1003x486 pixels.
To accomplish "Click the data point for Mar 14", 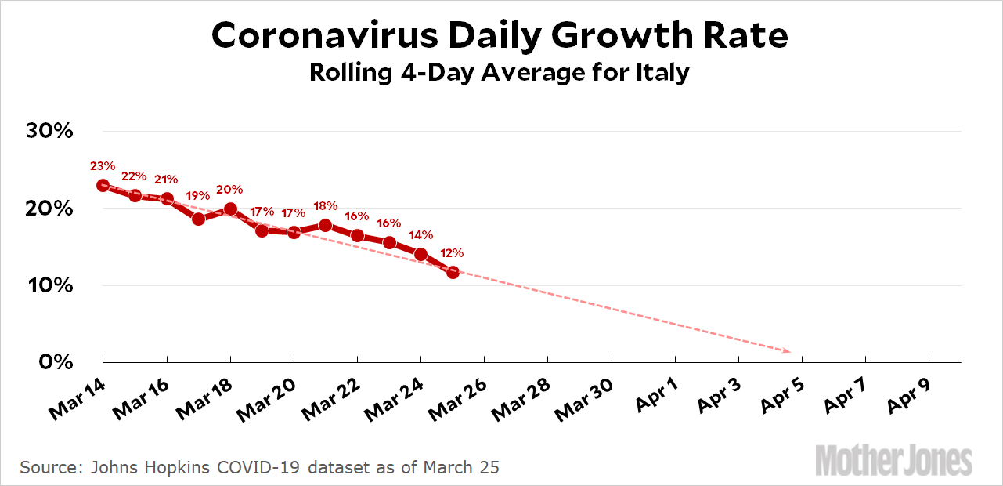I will [103, 186].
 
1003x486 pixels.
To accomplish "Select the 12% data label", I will [452, 253].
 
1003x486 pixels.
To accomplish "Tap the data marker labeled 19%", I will [198, 219].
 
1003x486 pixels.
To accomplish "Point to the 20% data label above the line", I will [229, 190].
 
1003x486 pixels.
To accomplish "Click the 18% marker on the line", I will [326, 226].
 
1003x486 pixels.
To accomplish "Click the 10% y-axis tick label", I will [52, 285].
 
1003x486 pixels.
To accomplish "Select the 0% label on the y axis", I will [57, 362].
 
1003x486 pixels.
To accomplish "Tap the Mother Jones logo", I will [893, 460].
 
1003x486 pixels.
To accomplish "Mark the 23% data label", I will [103, 165].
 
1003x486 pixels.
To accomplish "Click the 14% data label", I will [420, 234].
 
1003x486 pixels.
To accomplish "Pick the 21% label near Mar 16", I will [167, 179].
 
